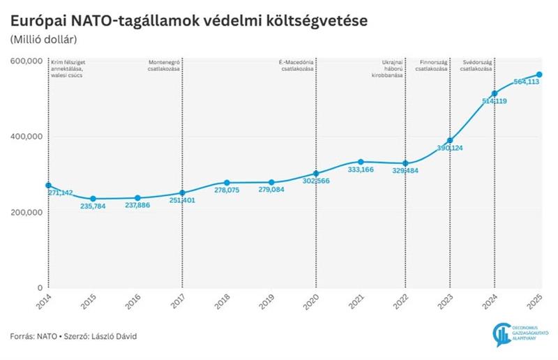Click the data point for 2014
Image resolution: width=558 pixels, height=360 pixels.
(48, 186)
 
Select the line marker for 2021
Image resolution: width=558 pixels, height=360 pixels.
(361, 162)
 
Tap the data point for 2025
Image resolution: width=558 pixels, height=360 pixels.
(539, 75)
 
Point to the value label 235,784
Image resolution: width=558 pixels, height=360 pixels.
(93, 207)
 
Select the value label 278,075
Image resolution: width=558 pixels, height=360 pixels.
(227, 190)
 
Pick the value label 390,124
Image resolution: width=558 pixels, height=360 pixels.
(450, 148)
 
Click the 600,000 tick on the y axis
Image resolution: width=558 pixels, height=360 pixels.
(27, 61)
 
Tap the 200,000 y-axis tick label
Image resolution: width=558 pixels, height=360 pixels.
(27, 212)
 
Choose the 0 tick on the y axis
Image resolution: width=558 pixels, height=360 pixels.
(39, 287)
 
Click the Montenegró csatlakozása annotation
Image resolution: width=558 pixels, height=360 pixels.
(163, 66)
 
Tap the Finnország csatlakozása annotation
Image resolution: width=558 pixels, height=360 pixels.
(432, 66)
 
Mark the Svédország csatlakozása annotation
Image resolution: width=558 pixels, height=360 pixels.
(476, 66)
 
